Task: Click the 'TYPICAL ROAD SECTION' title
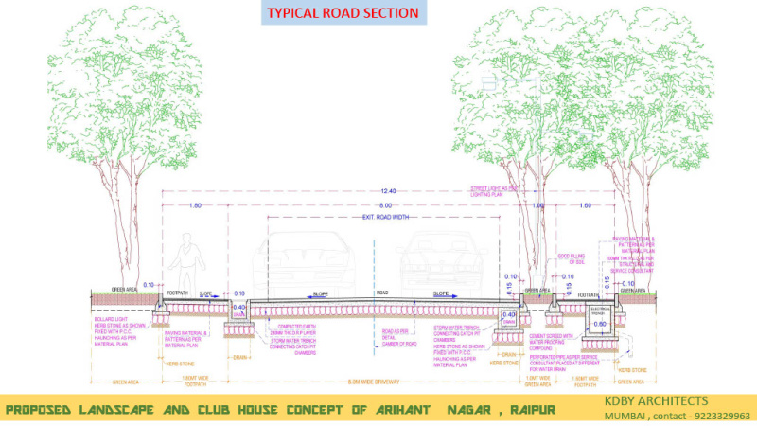pyautogui.click(x=342, y=13)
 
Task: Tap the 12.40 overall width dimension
pyautogui.click(x=388, y=192)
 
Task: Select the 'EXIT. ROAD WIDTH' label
pyautogui.click(x=383, y=218)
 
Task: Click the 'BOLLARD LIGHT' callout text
pyautogui.click(x=112, y=321)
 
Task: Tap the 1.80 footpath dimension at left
pyautogui.click(x=195, y=205)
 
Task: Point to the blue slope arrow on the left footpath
pyautogui.click(x=206, y=294)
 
